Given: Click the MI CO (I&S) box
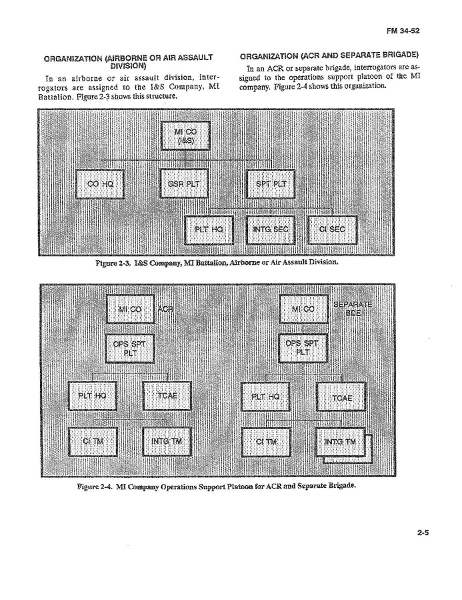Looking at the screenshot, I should pos(185,135).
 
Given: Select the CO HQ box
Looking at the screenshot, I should pos(99,184).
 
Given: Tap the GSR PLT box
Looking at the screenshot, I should pos(185,184).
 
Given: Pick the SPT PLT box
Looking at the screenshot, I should pos(270,184).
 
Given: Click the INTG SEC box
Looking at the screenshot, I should pos(270,230).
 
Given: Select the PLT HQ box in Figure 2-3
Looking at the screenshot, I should pos(208,230).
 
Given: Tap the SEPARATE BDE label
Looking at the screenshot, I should pos(353,309).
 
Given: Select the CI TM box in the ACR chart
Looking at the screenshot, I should pos(93,441).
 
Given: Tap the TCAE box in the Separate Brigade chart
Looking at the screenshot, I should pos(341,398).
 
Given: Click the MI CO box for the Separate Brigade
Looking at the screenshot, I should pos(303,309).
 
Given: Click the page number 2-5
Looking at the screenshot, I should pos(422,533).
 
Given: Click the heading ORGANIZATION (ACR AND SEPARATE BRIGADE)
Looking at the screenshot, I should pos(329,54).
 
